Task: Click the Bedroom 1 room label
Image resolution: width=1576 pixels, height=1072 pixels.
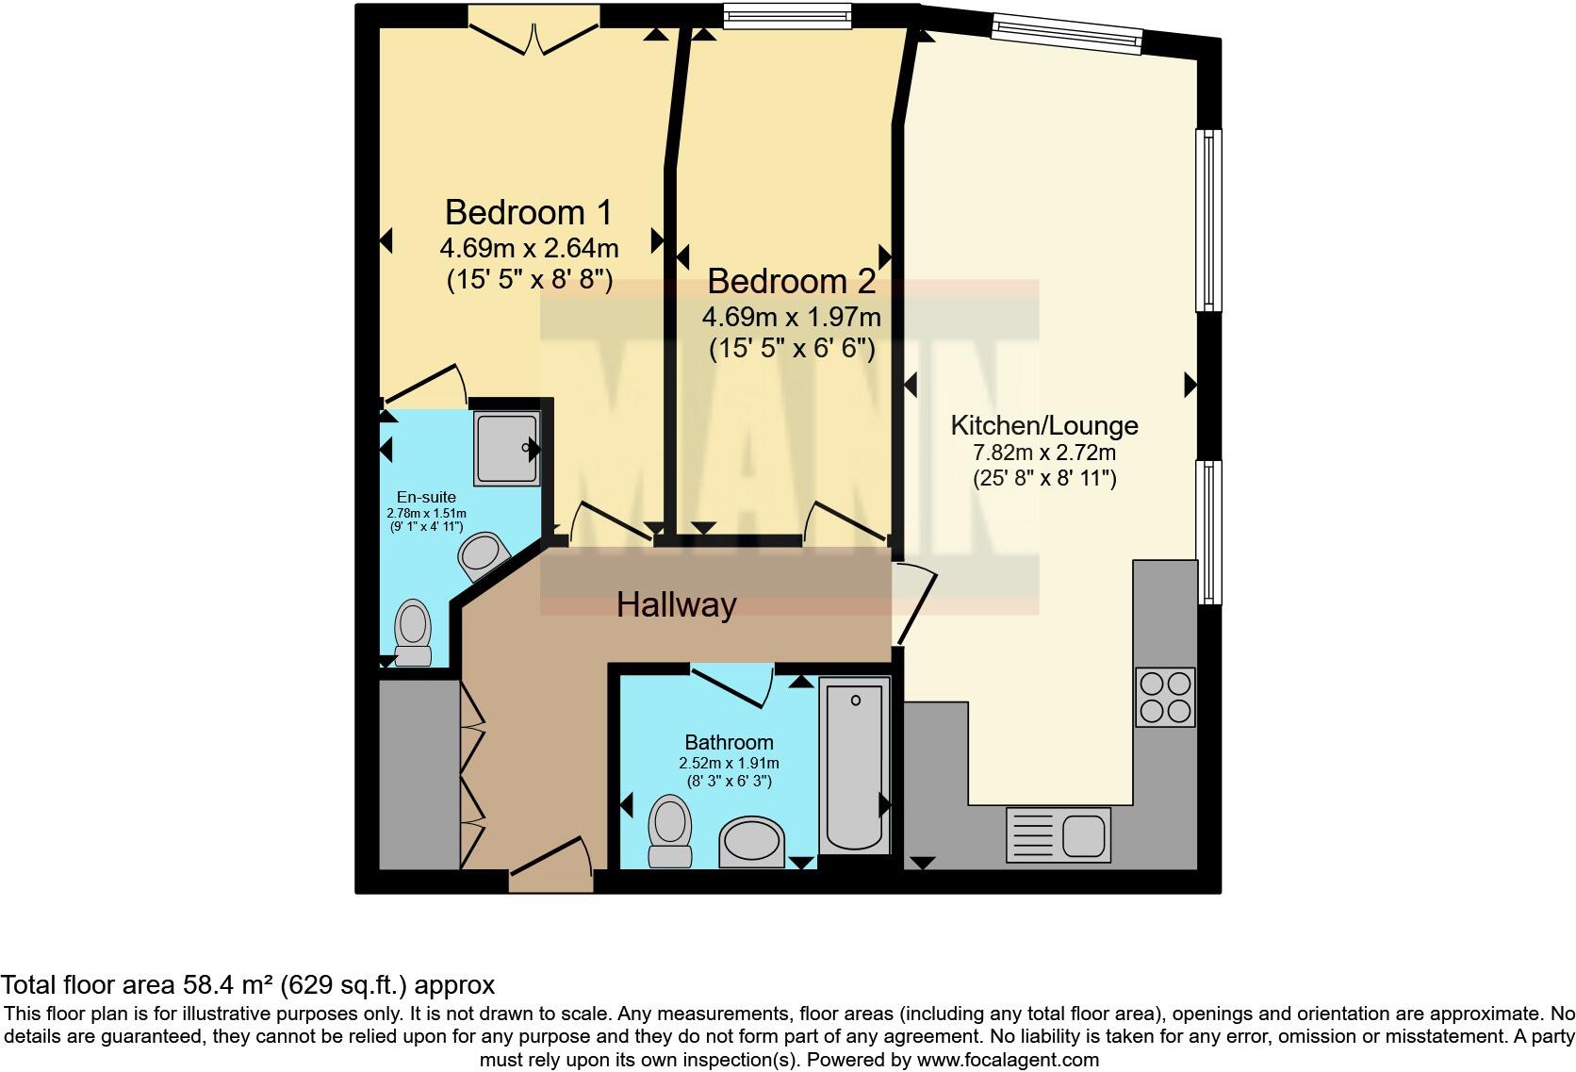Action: (x=529, y=212)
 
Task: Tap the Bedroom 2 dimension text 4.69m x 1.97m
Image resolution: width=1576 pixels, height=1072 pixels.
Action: (x=791, y=317)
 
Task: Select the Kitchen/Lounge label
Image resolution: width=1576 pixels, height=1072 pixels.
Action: (x=1043, y=426)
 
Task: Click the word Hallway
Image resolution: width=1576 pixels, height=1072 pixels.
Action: (x=676, y=604)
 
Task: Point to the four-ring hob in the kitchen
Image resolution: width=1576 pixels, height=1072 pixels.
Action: (x=1165, y=697)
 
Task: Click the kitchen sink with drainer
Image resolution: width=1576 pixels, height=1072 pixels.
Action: (x=1058, y=834)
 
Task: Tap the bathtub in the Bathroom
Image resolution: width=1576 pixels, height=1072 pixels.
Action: (x=855, y=766)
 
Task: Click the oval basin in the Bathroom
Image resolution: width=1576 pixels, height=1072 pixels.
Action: (x=752, y=842)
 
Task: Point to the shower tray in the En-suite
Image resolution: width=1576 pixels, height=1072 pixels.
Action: (x=507, y=449)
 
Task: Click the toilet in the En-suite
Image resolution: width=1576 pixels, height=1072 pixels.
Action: (x=413, y=634)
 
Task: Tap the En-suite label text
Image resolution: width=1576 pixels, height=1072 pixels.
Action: (x=426, y=497)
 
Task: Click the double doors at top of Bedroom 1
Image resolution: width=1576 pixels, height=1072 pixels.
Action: (x=534, y=36)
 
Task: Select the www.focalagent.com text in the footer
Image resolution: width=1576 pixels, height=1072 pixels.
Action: (x=1008, y=1059)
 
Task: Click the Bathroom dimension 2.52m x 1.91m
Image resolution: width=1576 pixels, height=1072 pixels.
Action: (x=729, y=763)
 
